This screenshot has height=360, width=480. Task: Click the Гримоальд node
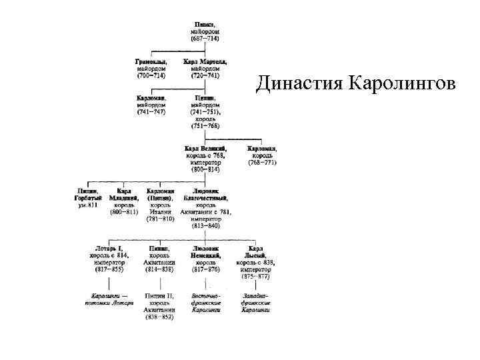pos(151,69)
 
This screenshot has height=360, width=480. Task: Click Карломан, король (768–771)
pos(263,155)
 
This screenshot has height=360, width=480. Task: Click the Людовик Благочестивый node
pos(209,209)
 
